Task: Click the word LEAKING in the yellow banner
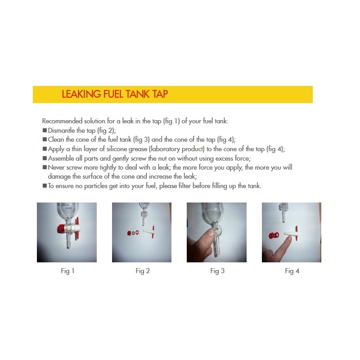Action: point(81,94)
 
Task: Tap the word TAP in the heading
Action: point(160,94)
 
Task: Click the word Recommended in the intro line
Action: point(62,121)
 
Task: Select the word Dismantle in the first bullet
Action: point(61,130)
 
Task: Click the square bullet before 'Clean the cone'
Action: point(45,139)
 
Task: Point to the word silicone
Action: point(117,149)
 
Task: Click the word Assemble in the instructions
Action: point(62,158)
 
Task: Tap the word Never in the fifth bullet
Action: point(56,167)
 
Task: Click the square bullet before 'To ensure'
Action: point(45,185)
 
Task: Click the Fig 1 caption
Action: point(67,271)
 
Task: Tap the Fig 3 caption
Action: point(217,271)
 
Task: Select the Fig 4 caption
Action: point(292,271)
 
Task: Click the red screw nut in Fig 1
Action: point(61,229)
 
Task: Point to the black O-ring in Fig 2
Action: point(133,233)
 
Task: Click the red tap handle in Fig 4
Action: point(297,232)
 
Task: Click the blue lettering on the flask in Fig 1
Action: point(69,208)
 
